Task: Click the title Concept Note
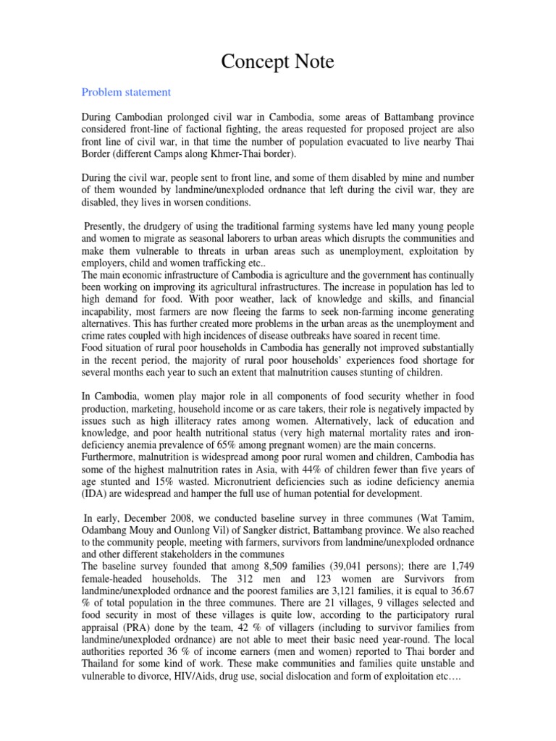pyautogui.click(x=277, y=62)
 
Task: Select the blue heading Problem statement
pyautogui.click(x=126, y=93)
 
